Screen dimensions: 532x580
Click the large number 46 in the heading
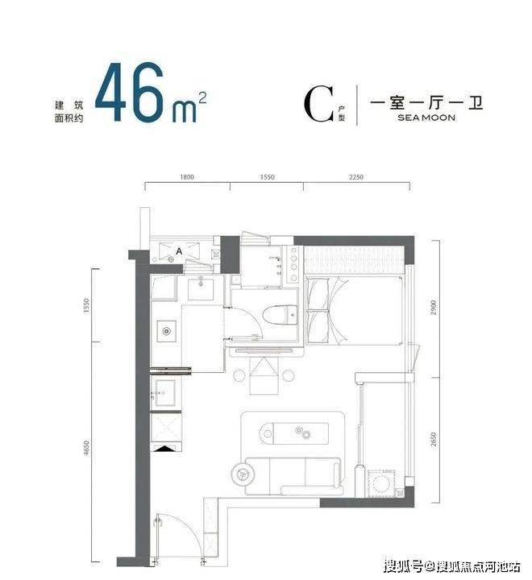coord(129,92)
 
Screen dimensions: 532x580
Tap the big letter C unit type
coord(318,104)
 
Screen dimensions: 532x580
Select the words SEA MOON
coord(426,118)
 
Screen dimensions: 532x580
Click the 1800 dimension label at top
coord(187,177)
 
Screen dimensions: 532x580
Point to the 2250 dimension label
coord(355,177)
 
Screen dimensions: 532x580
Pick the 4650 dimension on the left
coord(86,448)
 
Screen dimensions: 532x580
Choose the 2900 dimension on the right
coord(434,308)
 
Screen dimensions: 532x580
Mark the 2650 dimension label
coord(434,440)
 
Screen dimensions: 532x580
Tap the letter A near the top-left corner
coord(179,251)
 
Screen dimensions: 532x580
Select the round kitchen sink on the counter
coord(167,331)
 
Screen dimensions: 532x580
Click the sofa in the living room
coord(293,476)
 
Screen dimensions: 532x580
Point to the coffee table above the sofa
coord(294,433)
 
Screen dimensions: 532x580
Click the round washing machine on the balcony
coord(380,483)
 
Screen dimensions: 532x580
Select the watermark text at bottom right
coord(452,566)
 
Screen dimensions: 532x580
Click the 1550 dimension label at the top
coord(267,177)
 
